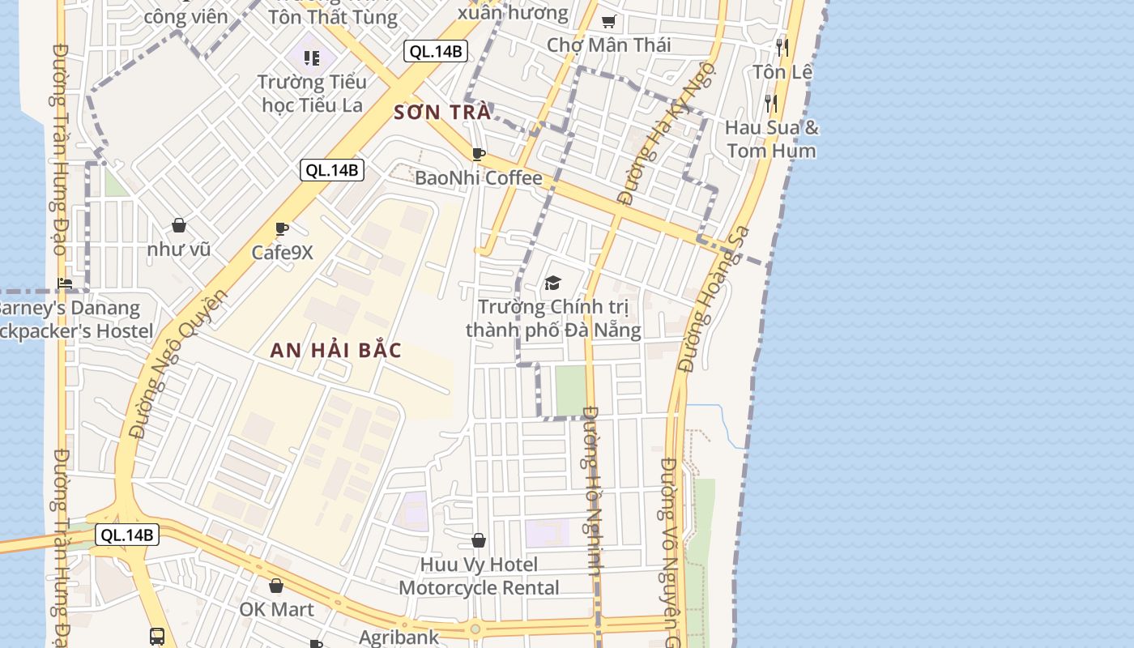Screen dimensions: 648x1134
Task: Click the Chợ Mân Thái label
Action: pos(608,45)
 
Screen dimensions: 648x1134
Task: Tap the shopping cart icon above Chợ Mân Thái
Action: pos(608,21)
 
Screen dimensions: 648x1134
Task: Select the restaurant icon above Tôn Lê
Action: pos(782,47)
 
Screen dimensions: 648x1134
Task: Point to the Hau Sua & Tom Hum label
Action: pos(771,139)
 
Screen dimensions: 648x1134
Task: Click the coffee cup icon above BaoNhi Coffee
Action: pos(479,154)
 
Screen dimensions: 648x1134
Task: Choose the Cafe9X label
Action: pos(282,252)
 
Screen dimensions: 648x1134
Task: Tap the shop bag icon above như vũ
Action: pos(179,225)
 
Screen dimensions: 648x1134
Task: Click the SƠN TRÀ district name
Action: pos(442,112)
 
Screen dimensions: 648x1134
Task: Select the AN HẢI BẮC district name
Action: pos(335,350)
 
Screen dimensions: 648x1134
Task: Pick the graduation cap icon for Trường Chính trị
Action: pos(552,283)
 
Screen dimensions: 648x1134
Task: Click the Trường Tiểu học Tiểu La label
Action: pos(313,93)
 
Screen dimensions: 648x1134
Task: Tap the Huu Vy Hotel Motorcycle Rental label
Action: pos(479,576)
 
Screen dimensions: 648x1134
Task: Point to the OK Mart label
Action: pos(276,609)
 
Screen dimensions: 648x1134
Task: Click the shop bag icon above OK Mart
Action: pos(276,586)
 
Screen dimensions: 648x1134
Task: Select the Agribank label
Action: pos(399,637)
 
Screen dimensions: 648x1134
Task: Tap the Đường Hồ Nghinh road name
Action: pos(592,490)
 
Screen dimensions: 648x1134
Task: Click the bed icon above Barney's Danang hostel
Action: pos(65,283)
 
